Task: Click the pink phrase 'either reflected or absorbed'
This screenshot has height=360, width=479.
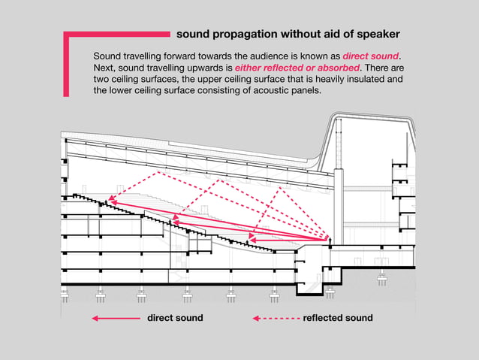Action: pyautogui.click(x=298, y=68)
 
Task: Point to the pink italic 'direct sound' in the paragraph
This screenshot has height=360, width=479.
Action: pyautogui.click(x=371, y=56)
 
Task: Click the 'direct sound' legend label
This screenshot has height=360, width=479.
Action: pyautogui.click(x=175, y=318)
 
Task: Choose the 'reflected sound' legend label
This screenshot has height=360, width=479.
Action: pyautogui.click(x=337, y=318)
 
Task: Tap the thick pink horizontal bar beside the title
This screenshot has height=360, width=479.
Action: pyautogui.click(x=120, y=34)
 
